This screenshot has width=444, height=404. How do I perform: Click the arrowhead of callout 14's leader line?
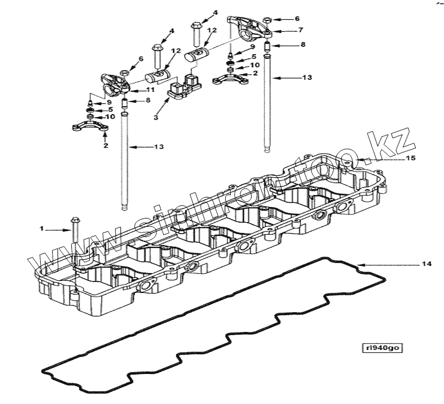click(361, 264)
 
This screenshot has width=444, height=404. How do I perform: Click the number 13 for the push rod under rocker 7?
click(308, 77)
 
